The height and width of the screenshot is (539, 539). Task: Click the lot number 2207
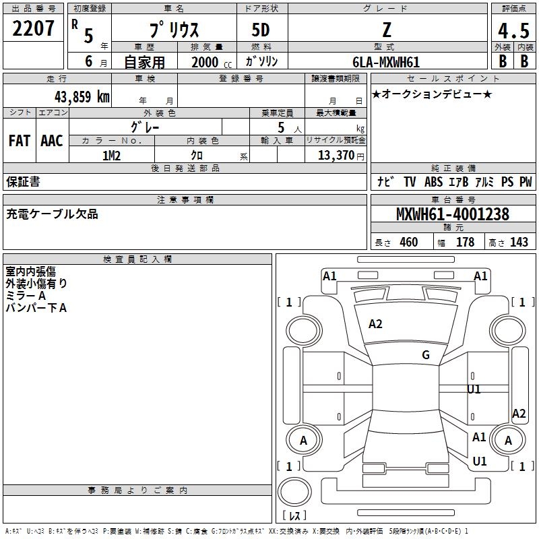click(33, 30)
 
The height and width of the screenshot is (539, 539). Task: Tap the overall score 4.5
click(513, 31)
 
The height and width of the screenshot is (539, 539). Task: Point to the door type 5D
click(261, 30)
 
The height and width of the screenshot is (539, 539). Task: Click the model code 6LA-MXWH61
click(385, 62)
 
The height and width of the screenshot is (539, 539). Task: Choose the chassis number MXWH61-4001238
click(452, 215)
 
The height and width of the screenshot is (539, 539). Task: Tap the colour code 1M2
click(111, 155)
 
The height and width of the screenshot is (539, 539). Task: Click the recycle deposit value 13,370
click(335, 155)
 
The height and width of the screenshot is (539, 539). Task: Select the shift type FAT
click(19, 141)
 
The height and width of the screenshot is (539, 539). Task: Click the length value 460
click(408, 242)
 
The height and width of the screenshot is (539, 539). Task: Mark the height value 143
click(519, 242)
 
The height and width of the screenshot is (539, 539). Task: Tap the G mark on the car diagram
click(426, 355)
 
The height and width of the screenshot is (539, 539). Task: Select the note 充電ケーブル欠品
click(52, 214)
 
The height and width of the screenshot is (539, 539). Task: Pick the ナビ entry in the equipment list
click(385, 182)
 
